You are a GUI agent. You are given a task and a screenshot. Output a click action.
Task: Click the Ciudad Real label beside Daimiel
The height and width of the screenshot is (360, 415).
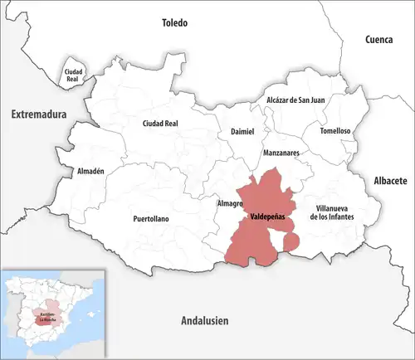click(161, 124)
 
